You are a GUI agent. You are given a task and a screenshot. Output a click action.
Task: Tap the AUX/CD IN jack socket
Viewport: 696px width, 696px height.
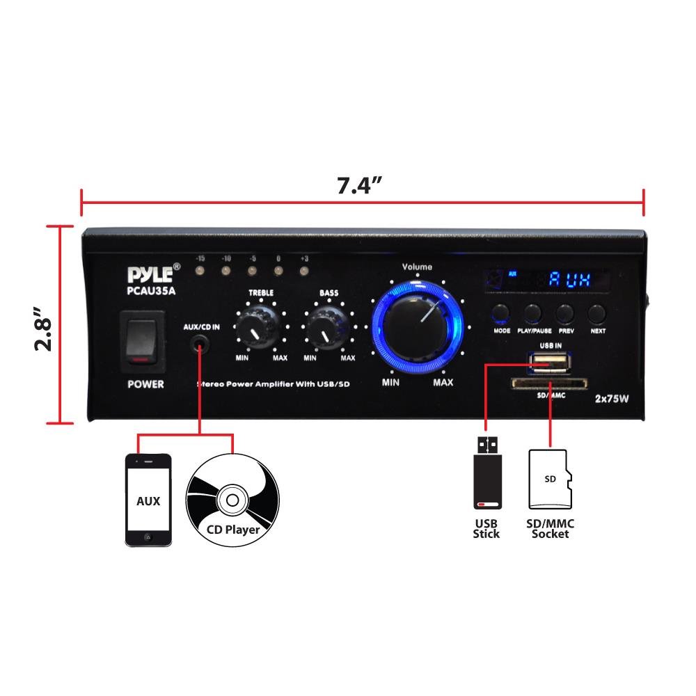pos(201,344)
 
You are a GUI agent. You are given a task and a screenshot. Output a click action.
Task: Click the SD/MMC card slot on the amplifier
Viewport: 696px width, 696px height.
pos(550,382)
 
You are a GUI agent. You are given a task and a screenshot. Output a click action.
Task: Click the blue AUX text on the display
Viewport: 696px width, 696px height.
pos(569,280)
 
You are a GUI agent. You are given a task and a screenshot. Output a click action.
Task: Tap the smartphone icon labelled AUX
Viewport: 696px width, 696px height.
pos(148,500)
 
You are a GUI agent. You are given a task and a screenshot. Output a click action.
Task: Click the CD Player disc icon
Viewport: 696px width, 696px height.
pos(232,500)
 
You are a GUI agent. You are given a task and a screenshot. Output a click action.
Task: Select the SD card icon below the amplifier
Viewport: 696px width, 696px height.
pos(550,480)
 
